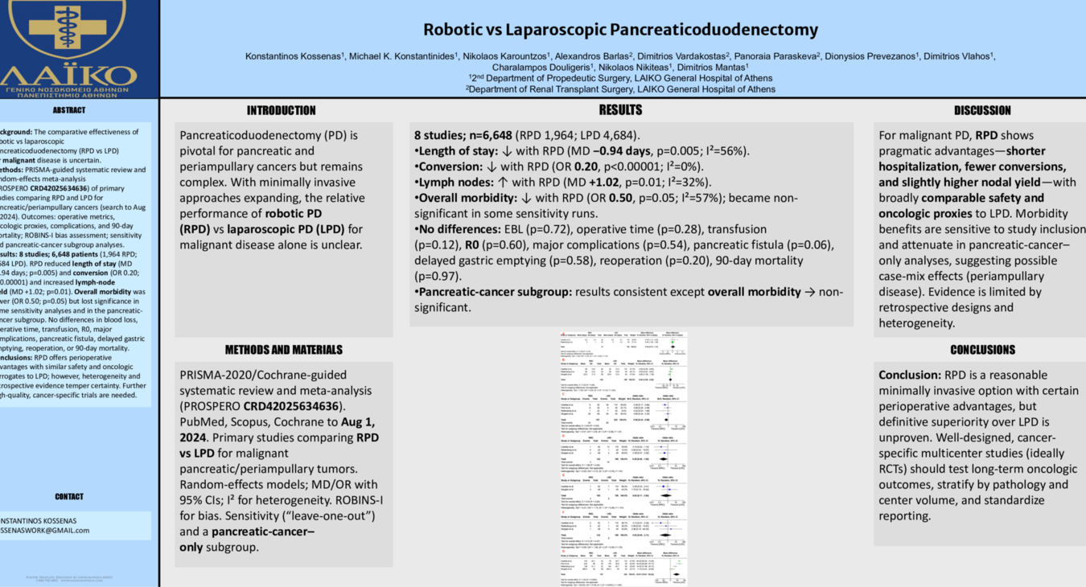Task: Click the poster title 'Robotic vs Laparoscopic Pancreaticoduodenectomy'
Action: click(x=620, y=31)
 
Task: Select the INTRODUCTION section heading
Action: click(x=281, y=111)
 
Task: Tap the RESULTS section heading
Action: click(x=620, y=110)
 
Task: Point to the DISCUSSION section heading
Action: click(x=982, y=111)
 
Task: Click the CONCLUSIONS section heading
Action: click(x=982, y=350)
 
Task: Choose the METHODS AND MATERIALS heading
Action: click(x=283, y=350)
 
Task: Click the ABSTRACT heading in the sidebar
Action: click(x=68, y=110)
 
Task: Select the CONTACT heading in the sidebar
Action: click(x=68, y=497)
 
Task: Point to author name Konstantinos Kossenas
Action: click(x=295, y=56)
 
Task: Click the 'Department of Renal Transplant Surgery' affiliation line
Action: click(x=620, y=89)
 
